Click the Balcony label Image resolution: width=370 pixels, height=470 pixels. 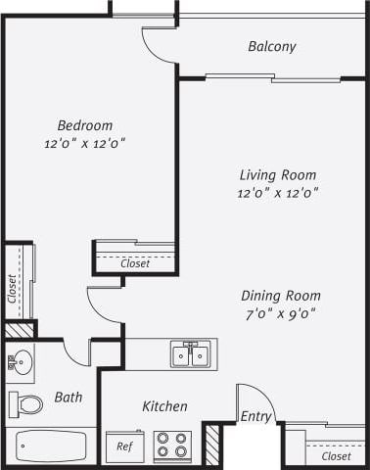[x=271, y=46]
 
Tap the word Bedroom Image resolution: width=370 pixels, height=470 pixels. [x=84, y=125]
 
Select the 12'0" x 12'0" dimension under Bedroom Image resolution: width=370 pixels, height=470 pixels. [x=84, y=143]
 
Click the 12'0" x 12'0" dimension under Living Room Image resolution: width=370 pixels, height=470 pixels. [x=277, y=193]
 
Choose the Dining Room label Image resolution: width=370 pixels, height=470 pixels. [x=281, y=295]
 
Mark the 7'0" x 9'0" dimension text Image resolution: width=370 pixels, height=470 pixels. [x=281, y=313]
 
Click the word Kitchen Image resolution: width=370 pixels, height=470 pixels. [x=164, y=406]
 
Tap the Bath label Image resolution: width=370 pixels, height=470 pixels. [x=68, y=398]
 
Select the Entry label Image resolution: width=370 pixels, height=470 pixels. [x=255, y=416]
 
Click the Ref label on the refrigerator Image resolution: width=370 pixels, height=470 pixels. [x=124, y=446]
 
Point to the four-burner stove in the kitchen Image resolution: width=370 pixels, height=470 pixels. [x=173, y=446]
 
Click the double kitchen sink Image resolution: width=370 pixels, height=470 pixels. [x=190, y=353]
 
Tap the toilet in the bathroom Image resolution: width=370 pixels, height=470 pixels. [x=27, y=403]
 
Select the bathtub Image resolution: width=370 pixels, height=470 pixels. [x=51, y=447]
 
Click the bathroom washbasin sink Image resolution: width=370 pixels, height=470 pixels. [x=20, y=364]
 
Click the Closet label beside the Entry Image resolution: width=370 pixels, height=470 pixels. [x=336, y=456]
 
